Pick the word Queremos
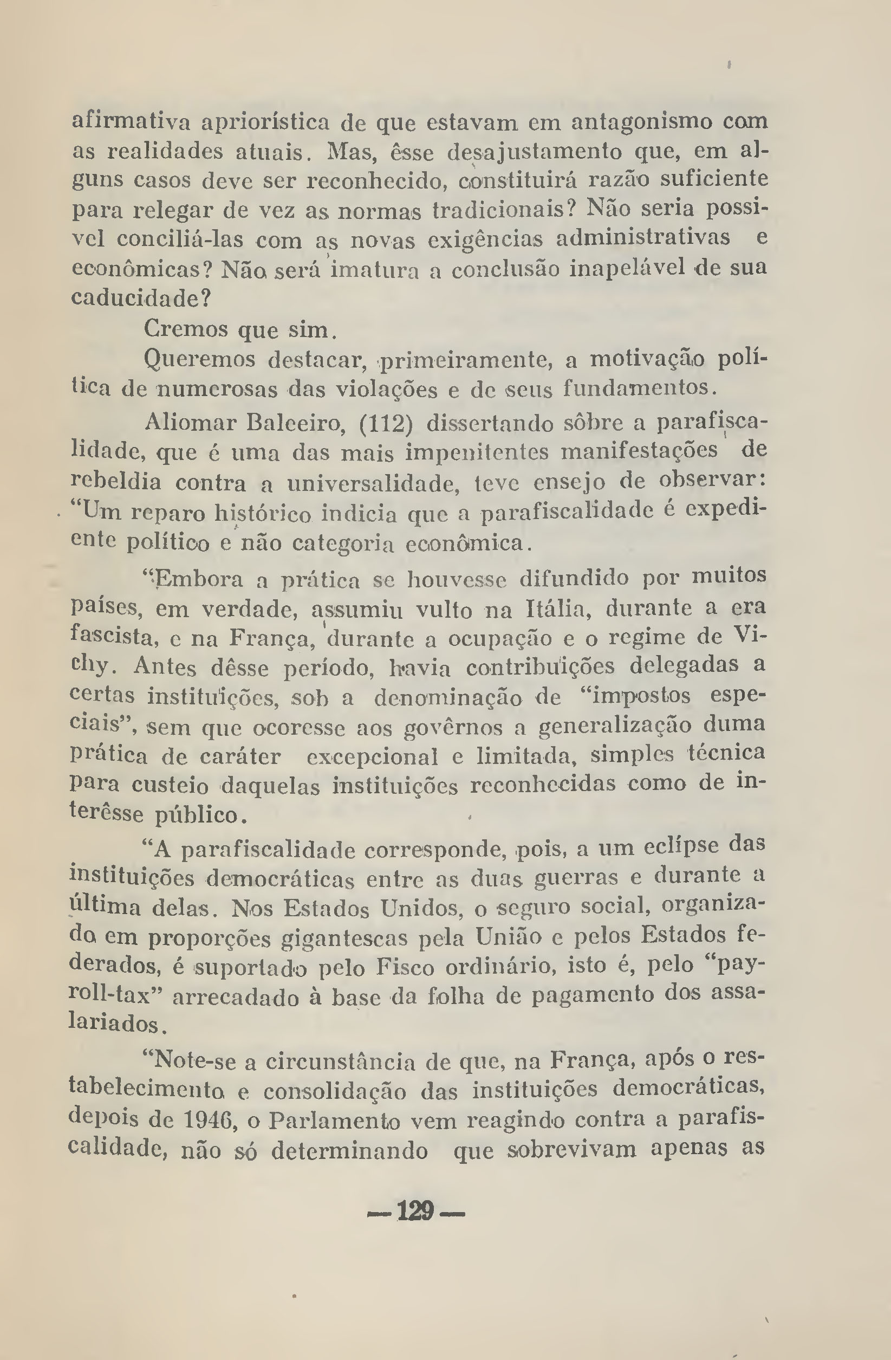click(200, 360)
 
